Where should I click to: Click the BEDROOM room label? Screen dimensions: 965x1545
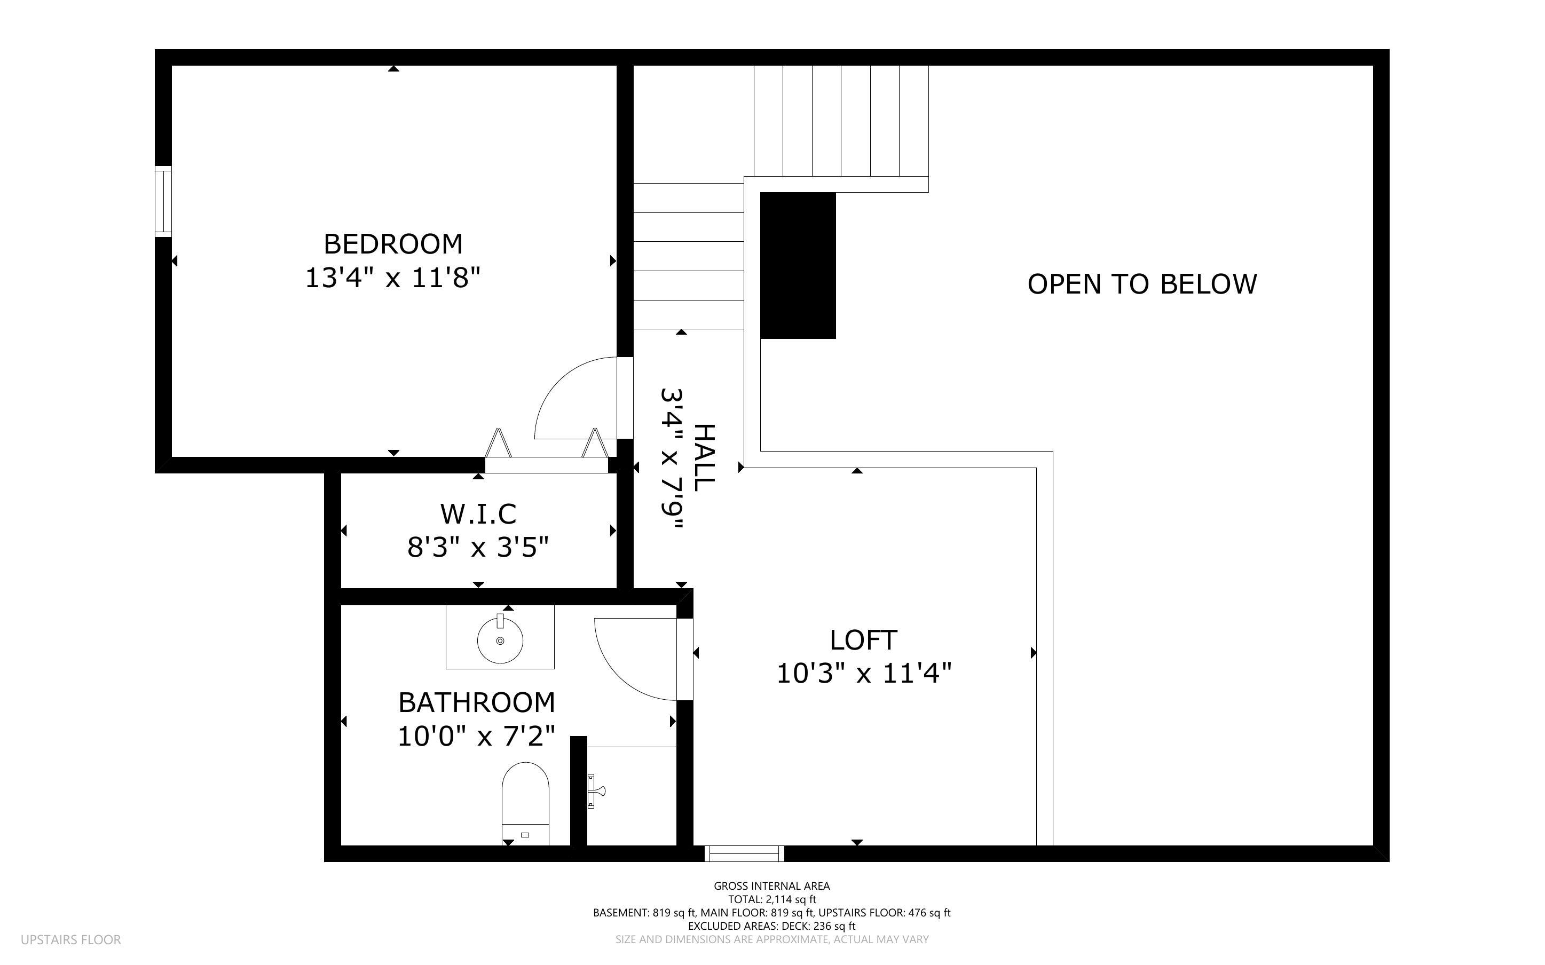(x=392, y=244)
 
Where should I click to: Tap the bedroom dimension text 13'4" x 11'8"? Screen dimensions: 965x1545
(x=392, y=278)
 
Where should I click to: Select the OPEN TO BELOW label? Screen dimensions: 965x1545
(x=1142, y=284)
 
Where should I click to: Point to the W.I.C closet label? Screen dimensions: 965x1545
(x=478, y=514)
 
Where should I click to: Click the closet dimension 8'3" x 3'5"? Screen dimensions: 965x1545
(x=478, y=548)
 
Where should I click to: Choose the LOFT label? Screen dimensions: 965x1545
(x=863, y=639)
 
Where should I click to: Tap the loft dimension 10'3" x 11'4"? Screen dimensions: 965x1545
(x=863, y=674)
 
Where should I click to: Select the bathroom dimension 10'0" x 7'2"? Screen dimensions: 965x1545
(x=476, y=736)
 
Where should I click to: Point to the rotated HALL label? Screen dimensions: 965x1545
(x=704, y=457)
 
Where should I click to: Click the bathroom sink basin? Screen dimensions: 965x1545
(x=500, y=639)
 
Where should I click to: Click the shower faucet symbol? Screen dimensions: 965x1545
(x=594, y=792)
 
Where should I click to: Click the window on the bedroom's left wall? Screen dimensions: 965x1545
(x=163, y=201)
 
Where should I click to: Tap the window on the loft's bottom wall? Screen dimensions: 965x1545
(x=744, y=853)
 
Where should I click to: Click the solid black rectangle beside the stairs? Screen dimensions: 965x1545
(x=798, y=265)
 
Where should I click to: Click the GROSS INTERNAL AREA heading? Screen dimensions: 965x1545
(x=771, y=886)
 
